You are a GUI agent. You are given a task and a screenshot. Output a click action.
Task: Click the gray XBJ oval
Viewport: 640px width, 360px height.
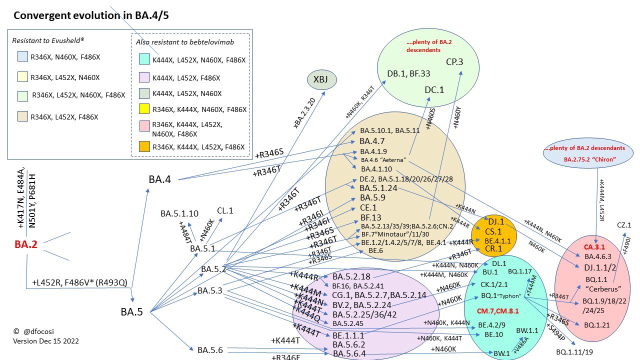(x=321, y=80)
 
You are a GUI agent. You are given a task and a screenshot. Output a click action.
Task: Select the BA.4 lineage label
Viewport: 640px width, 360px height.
(x=160, y=179)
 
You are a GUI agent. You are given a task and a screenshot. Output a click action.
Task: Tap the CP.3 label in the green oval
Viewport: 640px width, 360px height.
(x=454, y=62)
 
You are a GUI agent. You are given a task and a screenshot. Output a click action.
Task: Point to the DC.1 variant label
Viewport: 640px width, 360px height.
(x=434, y=89)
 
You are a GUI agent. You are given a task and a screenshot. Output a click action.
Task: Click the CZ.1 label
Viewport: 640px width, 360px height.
(x=624, y=225)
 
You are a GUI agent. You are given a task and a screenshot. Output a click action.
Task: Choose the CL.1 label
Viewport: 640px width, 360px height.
(x=225, y=210)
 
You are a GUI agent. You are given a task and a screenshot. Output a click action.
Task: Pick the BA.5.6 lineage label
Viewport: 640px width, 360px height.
(x=210, y=350)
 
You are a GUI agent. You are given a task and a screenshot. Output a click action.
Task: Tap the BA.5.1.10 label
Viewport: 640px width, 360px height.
(x=179, y=213)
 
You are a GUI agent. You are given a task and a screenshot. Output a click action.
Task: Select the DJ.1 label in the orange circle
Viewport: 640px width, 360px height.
(x=496, y=221)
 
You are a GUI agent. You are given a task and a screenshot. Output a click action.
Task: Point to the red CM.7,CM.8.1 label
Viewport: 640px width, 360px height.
(x=497, y=310)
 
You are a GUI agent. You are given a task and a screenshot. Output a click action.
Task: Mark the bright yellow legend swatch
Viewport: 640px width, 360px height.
(x=143, y=109)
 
